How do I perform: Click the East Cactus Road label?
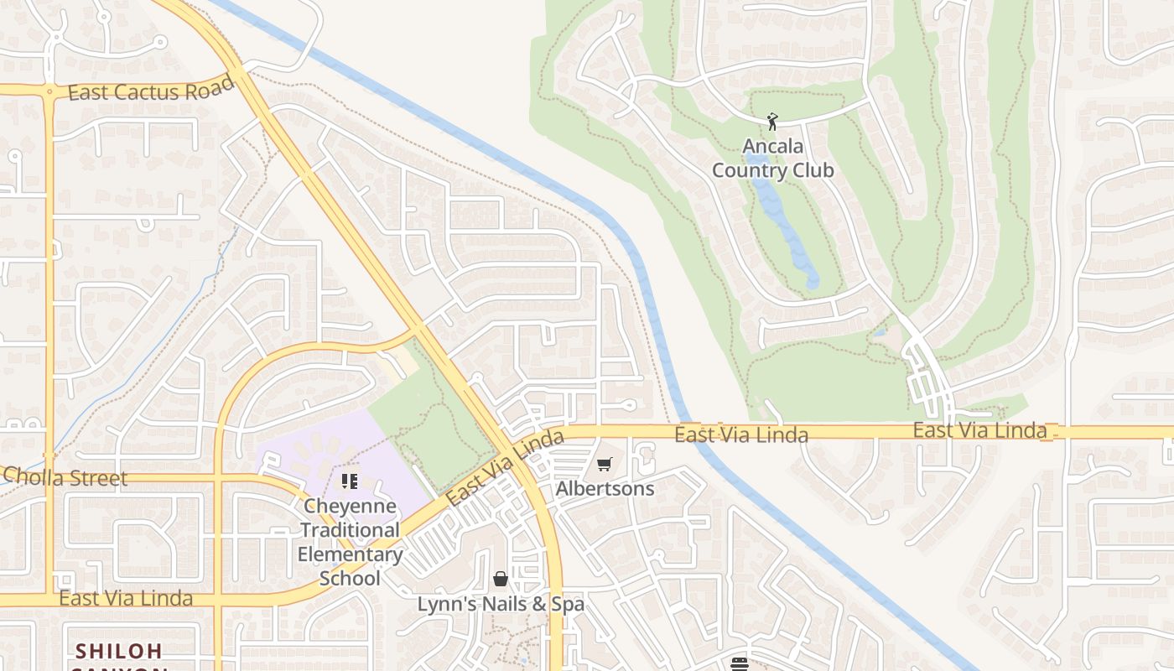click(x=150, y=90)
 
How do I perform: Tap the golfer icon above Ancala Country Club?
click(x=772, y=122)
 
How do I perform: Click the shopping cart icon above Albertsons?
click(x=605, y=465)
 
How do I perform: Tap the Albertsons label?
click(x=605, y=488)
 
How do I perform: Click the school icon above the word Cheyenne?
click(x=350, y=481)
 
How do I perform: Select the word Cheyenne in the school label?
click(x=350, y=506)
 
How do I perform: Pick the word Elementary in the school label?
click(x=350, y=554)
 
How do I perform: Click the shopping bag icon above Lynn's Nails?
click(x=501, y=579)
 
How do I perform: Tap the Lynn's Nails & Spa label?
click(x=501, y=604)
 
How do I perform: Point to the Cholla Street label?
click(x=65, y=477)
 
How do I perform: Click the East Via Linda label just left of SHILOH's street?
click(x=126, y=598)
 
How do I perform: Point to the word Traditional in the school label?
click(x=350, y=530)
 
